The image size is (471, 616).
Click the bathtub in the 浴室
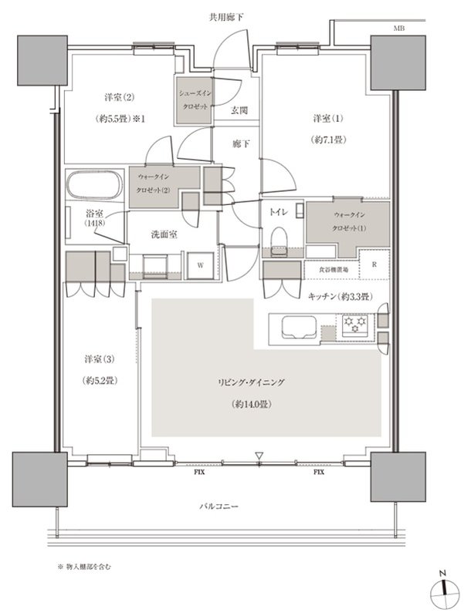[94, 185]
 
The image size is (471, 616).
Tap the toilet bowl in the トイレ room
[279, 241]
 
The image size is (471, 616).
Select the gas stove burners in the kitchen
[355, 325]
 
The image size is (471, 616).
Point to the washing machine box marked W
[200, 265]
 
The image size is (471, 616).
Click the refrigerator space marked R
[374, 264]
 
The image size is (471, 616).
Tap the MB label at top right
[398, 29]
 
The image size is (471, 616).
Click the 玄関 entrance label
[239, 110]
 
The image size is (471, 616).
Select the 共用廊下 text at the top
[226, 17]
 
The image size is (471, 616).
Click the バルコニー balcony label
[219, 507]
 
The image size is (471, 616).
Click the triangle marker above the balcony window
[259, 456]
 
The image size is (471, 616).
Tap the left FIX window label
[199, 472]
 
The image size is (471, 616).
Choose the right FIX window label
[319, 472]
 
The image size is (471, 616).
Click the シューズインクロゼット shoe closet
[195, 100]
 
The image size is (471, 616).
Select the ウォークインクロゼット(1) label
[349, 221]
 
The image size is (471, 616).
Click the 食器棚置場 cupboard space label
[333, 270]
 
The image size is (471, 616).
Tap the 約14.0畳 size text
[252, 404]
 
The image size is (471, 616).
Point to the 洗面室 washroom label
[164, 234]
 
